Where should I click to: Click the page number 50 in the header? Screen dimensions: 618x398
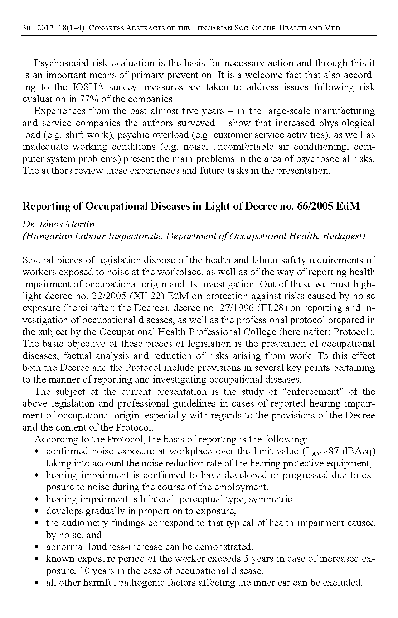point(26,28)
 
